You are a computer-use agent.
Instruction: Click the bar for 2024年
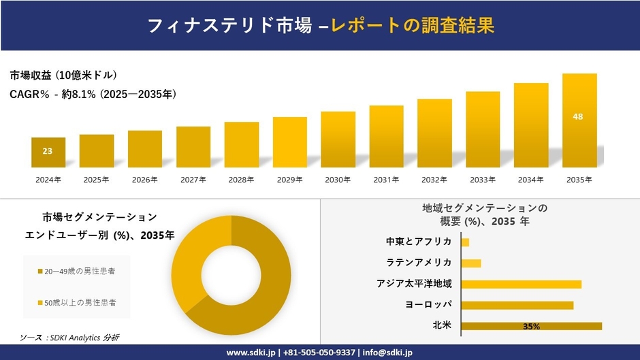pos(48,152)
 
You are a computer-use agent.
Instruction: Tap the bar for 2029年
pos(289,142)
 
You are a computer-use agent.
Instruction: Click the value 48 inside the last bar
pos(578,117)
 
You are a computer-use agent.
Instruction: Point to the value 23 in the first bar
pos(47,151)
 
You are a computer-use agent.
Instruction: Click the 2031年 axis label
pos(386,180)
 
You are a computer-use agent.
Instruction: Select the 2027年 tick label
pos(193,180)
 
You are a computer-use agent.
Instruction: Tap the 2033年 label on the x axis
pos(483,180)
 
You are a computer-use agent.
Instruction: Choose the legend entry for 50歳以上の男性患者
pos(76,301)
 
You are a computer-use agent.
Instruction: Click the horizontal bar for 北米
pos(531,326)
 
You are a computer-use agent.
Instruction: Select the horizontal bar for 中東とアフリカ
pos(465,242)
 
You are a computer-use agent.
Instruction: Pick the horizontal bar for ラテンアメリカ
pos(471,263)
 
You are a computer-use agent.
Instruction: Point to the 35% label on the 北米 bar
pos(531,327)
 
